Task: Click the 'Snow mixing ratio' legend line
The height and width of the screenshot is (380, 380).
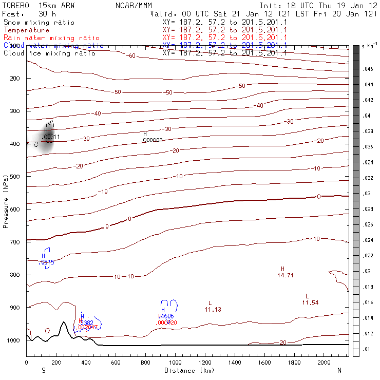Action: (39, 23)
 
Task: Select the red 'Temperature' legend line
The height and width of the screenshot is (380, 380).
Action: (23, 30)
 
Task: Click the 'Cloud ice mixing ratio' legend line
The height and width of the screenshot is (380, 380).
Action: (49, 53)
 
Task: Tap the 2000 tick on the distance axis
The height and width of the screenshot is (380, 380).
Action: (324, 363)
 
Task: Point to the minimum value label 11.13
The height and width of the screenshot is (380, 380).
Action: (213, 310)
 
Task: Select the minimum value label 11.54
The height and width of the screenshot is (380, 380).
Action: (310, 303)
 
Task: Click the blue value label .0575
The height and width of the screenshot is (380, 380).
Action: (47, 262)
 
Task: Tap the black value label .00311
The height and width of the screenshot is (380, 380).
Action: (50, 138)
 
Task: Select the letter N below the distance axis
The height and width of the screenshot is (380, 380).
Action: (339, 370)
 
